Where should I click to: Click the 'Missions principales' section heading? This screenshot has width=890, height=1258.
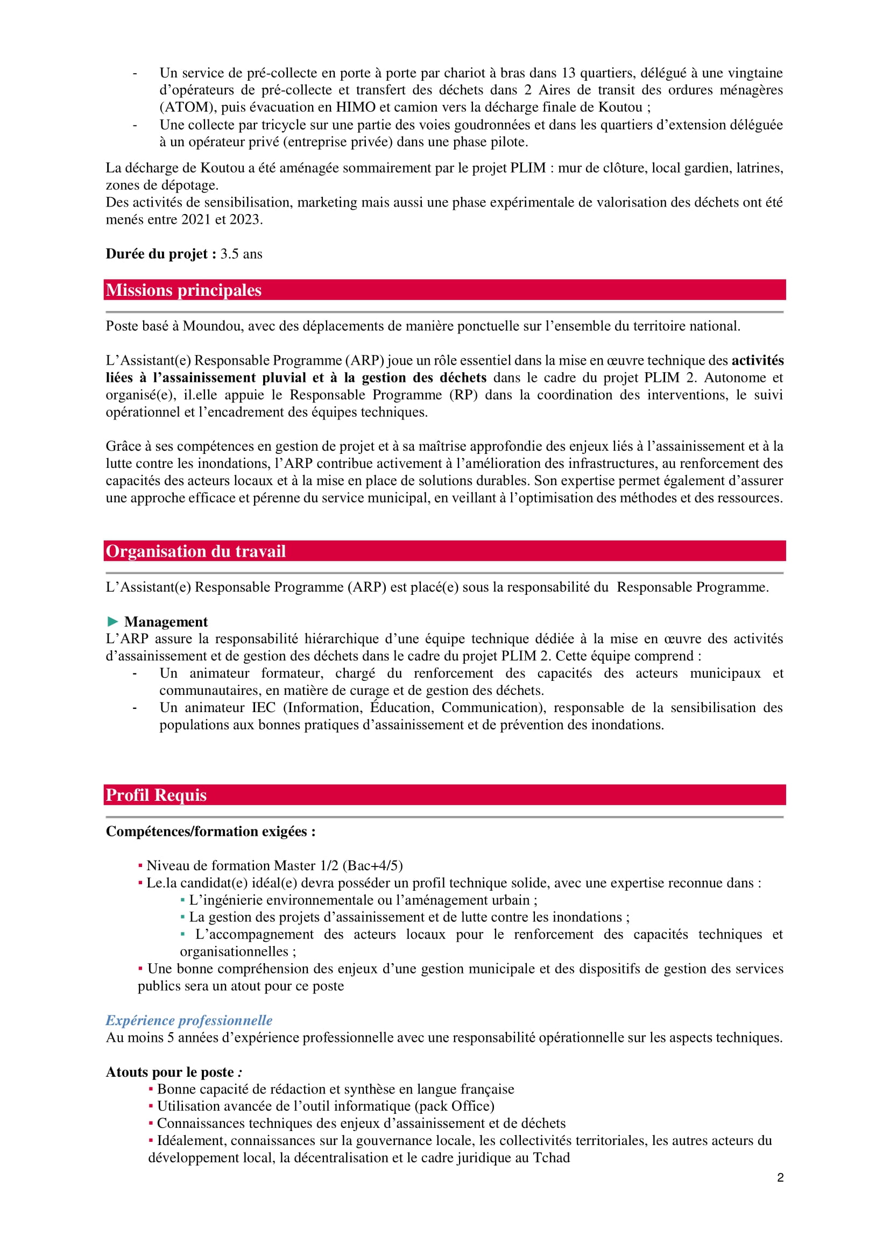coord(183,290)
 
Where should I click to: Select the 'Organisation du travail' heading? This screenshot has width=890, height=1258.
coord(196,551)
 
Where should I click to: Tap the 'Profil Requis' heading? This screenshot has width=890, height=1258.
coord(156,795)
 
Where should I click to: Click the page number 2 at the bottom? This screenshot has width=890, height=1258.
coord(780,1177)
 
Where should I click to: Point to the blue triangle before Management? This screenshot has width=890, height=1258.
coord(113,621)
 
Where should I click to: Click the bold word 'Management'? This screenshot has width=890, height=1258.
coord(166,622)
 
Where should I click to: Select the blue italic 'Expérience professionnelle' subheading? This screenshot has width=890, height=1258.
coord(189,1020)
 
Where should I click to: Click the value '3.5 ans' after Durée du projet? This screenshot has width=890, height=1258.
coord(241,254)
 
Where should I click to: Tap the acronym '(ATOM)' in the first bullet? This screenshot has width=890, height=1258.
coord(186,108)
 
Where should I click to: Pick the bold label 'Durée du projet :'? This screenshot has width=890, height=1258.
coord(160,254)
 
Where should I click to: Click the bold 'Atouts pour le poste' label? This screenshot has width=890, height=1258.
coord(170,1072)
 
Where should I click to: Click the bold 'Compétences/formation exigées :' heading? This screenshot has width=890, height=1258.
coord(210,831)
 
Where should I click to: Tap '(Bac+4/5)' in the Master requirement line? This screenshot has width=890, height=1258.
coord(373,866)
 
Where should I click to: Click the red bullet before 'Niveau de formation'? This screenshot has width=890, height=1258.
coord(140,866)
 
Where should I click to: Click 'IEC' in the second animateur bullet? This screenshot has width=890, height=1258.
coord(264,707)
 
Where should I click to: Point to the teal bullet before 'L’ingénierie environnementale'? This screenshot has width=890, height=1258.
coord(182,900)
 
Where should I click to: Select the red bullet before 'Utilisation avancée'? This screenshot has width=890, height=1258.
coord(151,1106)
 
